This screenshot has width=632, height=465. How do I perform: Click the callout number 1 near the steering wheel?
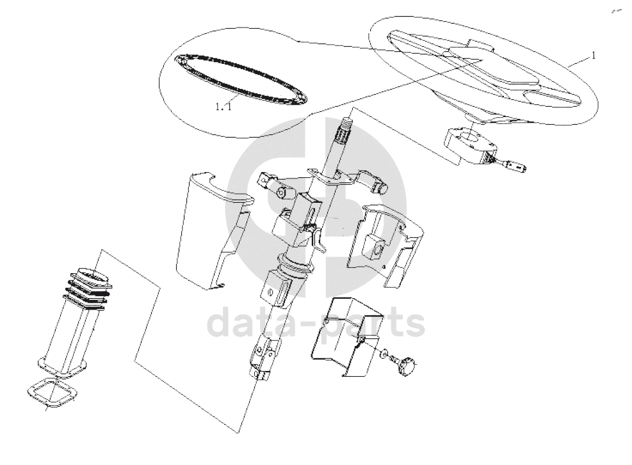(593, 56)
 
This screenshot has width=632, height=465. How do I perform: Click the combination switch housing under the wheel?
(470, 143)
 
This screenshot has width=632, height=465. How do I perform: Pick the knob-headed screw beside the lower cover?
(405, 365)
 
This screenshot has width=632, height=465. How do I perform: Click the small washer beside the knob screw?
(382, 354)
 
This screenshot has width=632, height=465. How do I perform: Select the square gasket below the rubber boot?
(51, 393)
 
